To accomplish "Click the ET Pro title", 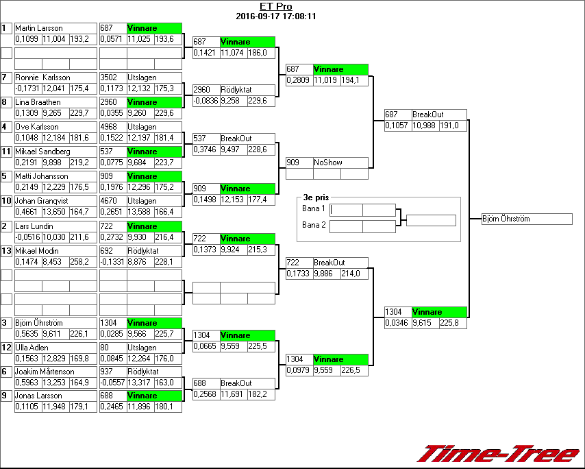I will [275, 7].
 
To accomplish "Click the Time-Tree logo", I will [499, 453].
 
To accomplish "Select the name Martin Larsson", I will [39, 28].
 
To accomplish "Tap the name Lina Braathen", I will [40, 102].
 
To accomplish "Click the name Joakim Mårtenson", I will [44, 372].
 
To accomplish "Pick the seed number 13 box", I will [7, 251].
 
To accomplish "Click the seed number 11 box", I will [7, 152].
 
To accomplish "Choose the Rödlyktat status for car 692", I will [143, 251].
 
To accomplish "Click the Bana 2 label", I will [314, 226].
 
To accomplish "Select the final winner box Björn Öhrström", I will [526, 219].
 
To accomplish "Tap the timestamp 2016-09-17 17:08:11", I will [275, 16].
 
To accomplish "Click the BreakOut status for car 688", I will [236, 383].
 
